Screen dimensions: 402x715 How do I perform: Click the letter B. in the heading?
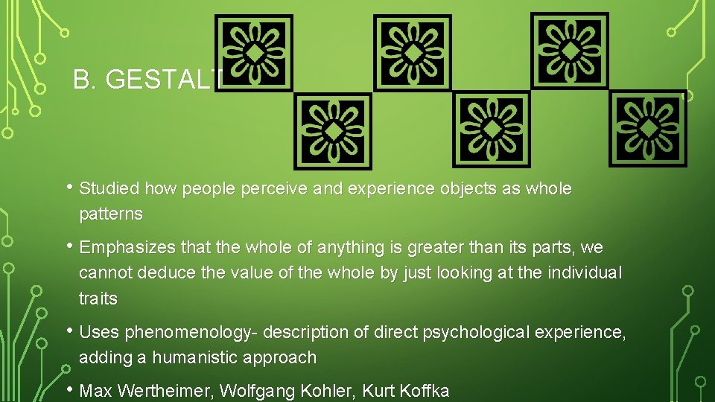click(x=85, y=80)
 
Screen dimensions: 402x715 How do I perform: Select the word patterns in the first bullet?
click(x=110, y=214)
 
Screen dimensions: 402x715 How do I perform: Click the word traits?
click(x=98, y=299)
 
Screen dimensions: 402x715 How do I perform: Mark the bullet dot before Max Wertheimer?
click(x=69, y=388)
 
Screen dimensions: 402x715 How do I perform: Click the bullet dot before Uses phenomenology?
click(x=69, y=329)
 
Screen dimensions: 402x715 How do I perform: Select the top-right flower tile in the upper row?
click(x=570, y=51)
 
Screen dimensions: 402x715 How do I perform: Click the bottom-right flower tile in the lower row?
click(x=648, y=129)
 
